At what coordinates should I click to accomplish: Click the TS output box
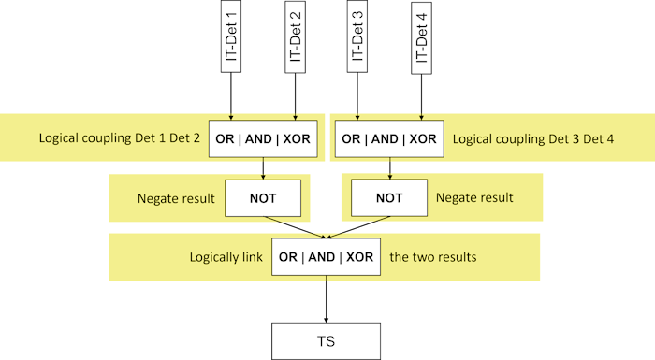click(327, 341)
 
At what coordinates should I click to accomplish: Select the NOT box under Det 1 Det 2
click(263, 198)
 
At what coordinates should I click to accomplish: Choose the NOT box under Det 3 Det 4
click(388, 198)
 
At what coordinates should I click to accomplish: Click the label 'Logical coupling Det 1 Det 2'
click(120, 138)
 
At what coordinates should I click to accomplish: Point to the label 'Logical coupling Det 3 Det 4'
click(533, 138)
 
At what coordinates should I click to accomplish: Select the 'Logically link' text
click(226, 256)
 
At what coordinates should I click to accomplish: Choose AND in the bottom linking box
click(326, 256)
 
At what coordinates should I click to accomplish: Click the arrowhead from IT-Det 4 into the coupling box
click(422, 117)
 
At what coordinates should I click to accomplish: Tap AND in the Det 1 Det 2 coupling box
click(259, 138)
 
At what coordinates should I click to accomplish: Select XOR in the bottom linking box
click(360, 256)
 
